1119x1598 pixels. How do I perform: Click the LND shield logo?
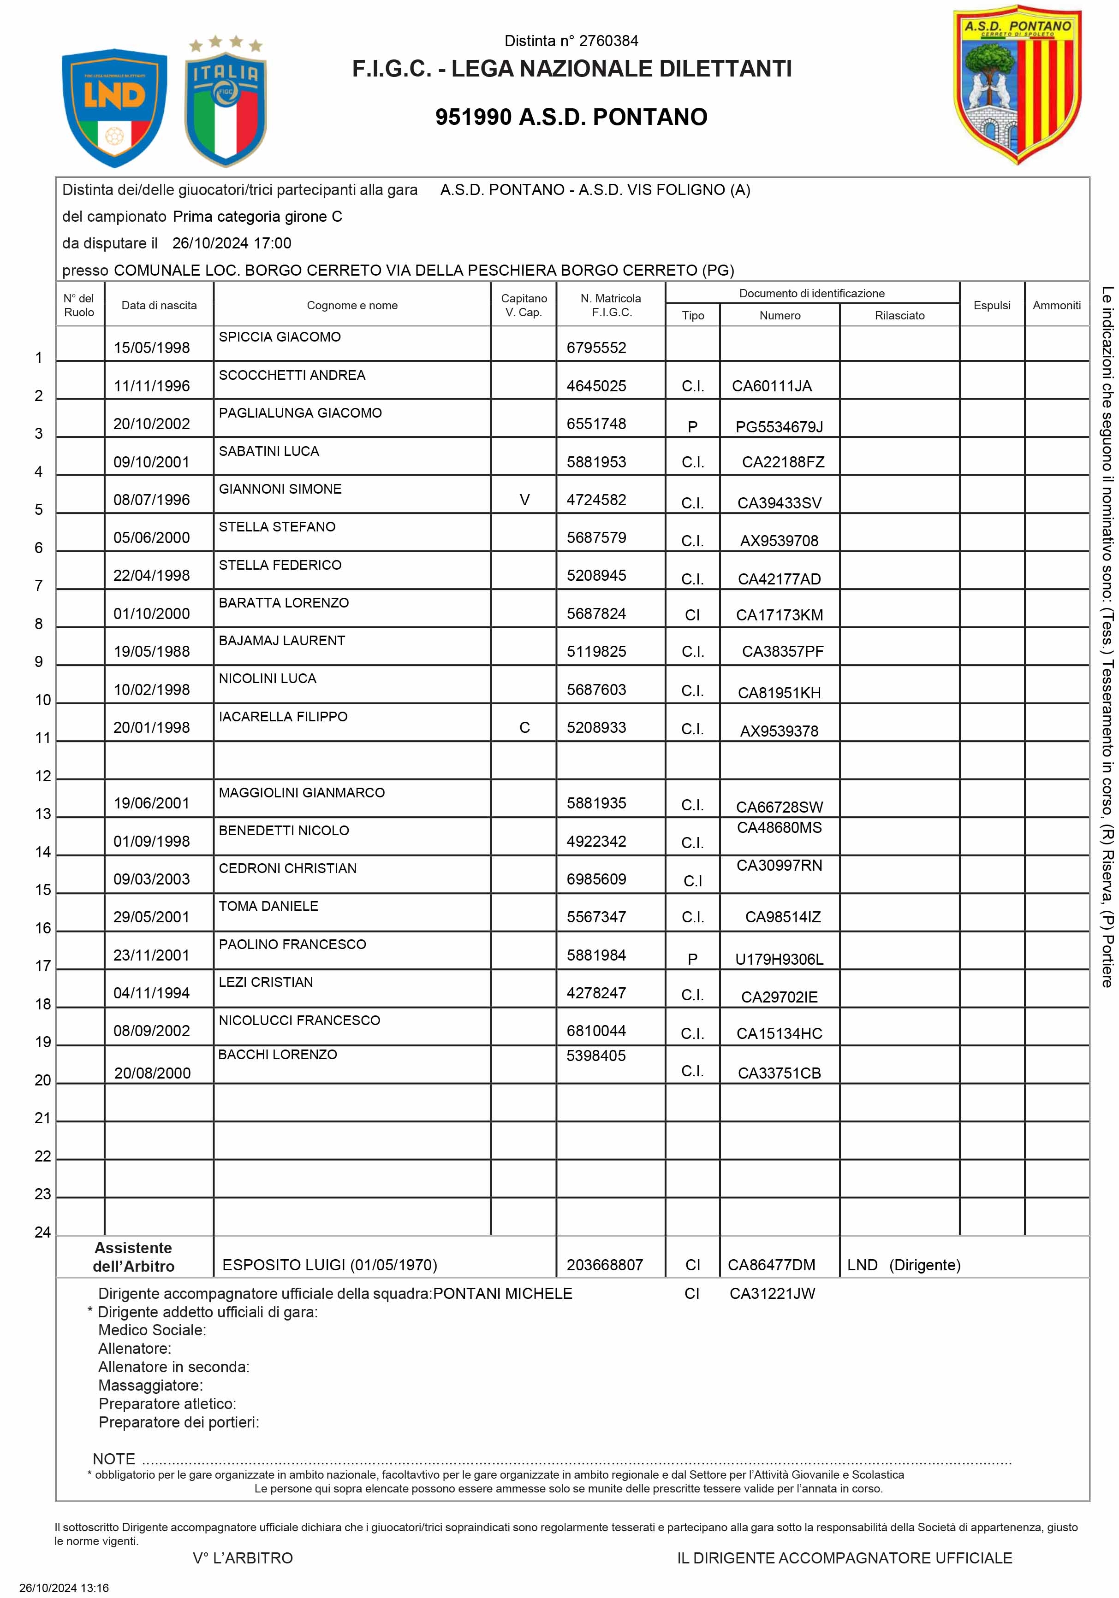114,107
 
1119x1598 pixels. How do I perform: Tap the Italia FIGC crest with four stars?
225,105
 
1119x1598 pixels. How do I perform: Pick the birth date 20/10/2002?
152,424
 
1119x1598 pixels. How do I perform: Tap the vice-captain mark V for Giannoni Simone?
524,500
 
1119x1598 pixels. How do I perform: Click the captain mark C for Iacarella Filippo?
524,727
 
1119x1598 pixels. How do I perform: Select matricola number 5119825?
596,651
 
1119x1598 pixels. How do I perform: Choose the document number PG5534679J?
779,427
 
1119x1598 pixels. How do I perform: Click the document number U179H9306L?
779,959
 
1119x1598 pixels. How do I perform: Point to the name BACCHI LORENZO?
277,1055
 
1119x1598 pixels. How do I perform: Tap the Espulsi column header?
992,305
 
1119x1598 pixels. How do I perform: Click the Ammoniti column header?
1056,305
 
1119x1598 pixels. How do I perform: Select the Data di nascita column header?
159,305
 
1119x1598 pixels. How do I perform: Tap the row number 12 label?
43,776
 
